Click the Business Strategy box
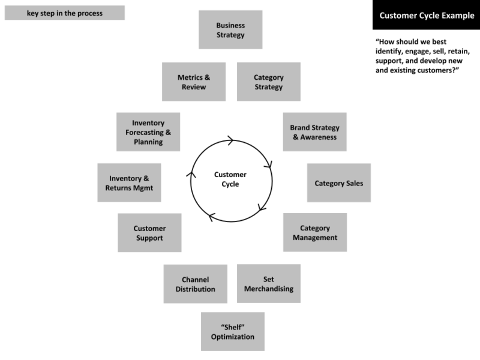coord(230,30)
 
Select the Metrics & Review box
coord(193,82)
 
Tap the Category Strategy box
coord(268,82)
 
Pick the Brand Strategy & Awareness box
coord(314,132)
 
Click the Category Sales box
coord(339,183)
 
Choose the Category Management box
coord(315,232)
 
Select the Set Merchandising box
coord(268,284)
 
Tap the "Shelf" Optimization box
coord(232,331)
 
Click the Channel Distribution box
coord(195,284)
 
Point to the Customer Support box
coord(149,233)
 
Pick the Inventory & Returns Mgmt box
coord(129,183)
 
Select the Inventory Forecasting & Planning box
coord(148,132)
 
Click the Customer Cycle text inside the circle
coord(230,179)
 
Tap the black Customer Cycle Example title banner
coord(426,15)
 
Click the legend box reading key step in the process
coord(64,13)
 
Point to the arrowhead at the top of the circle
coord(230,140)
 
